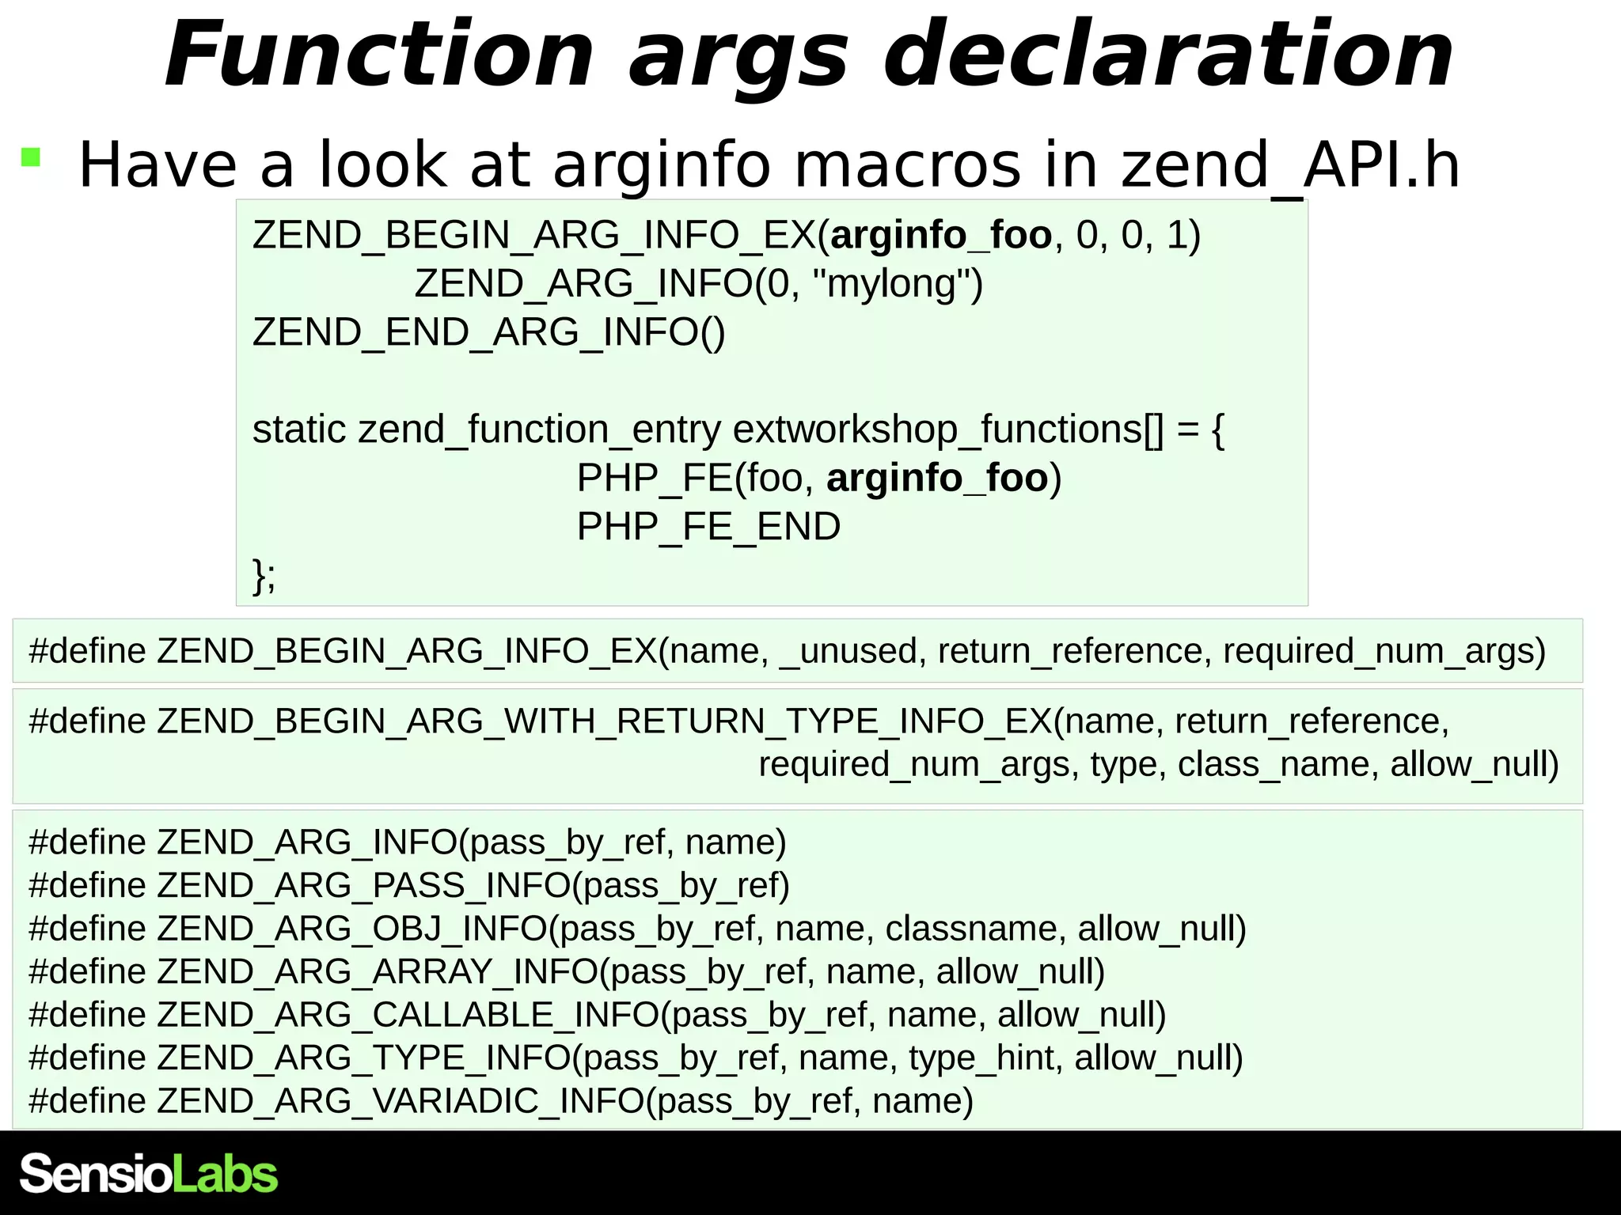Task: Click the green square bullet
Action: [x=31, y=157]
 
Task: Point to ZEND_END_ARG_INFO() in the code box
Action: [x=488, y=332]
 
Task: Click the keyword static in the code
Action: [x=299, y=430]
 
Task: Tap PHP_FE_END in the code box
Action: [x=708, y=527]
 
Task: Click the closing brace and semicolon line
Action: [x=264, y=575]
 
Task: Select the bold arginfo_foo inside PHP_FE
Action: [x=937, y=479]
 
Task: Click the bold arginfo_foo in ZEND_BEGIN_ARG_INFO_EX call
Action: [x=941, y=236]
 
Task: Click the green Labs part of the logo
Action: [x=225, y=1174]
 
